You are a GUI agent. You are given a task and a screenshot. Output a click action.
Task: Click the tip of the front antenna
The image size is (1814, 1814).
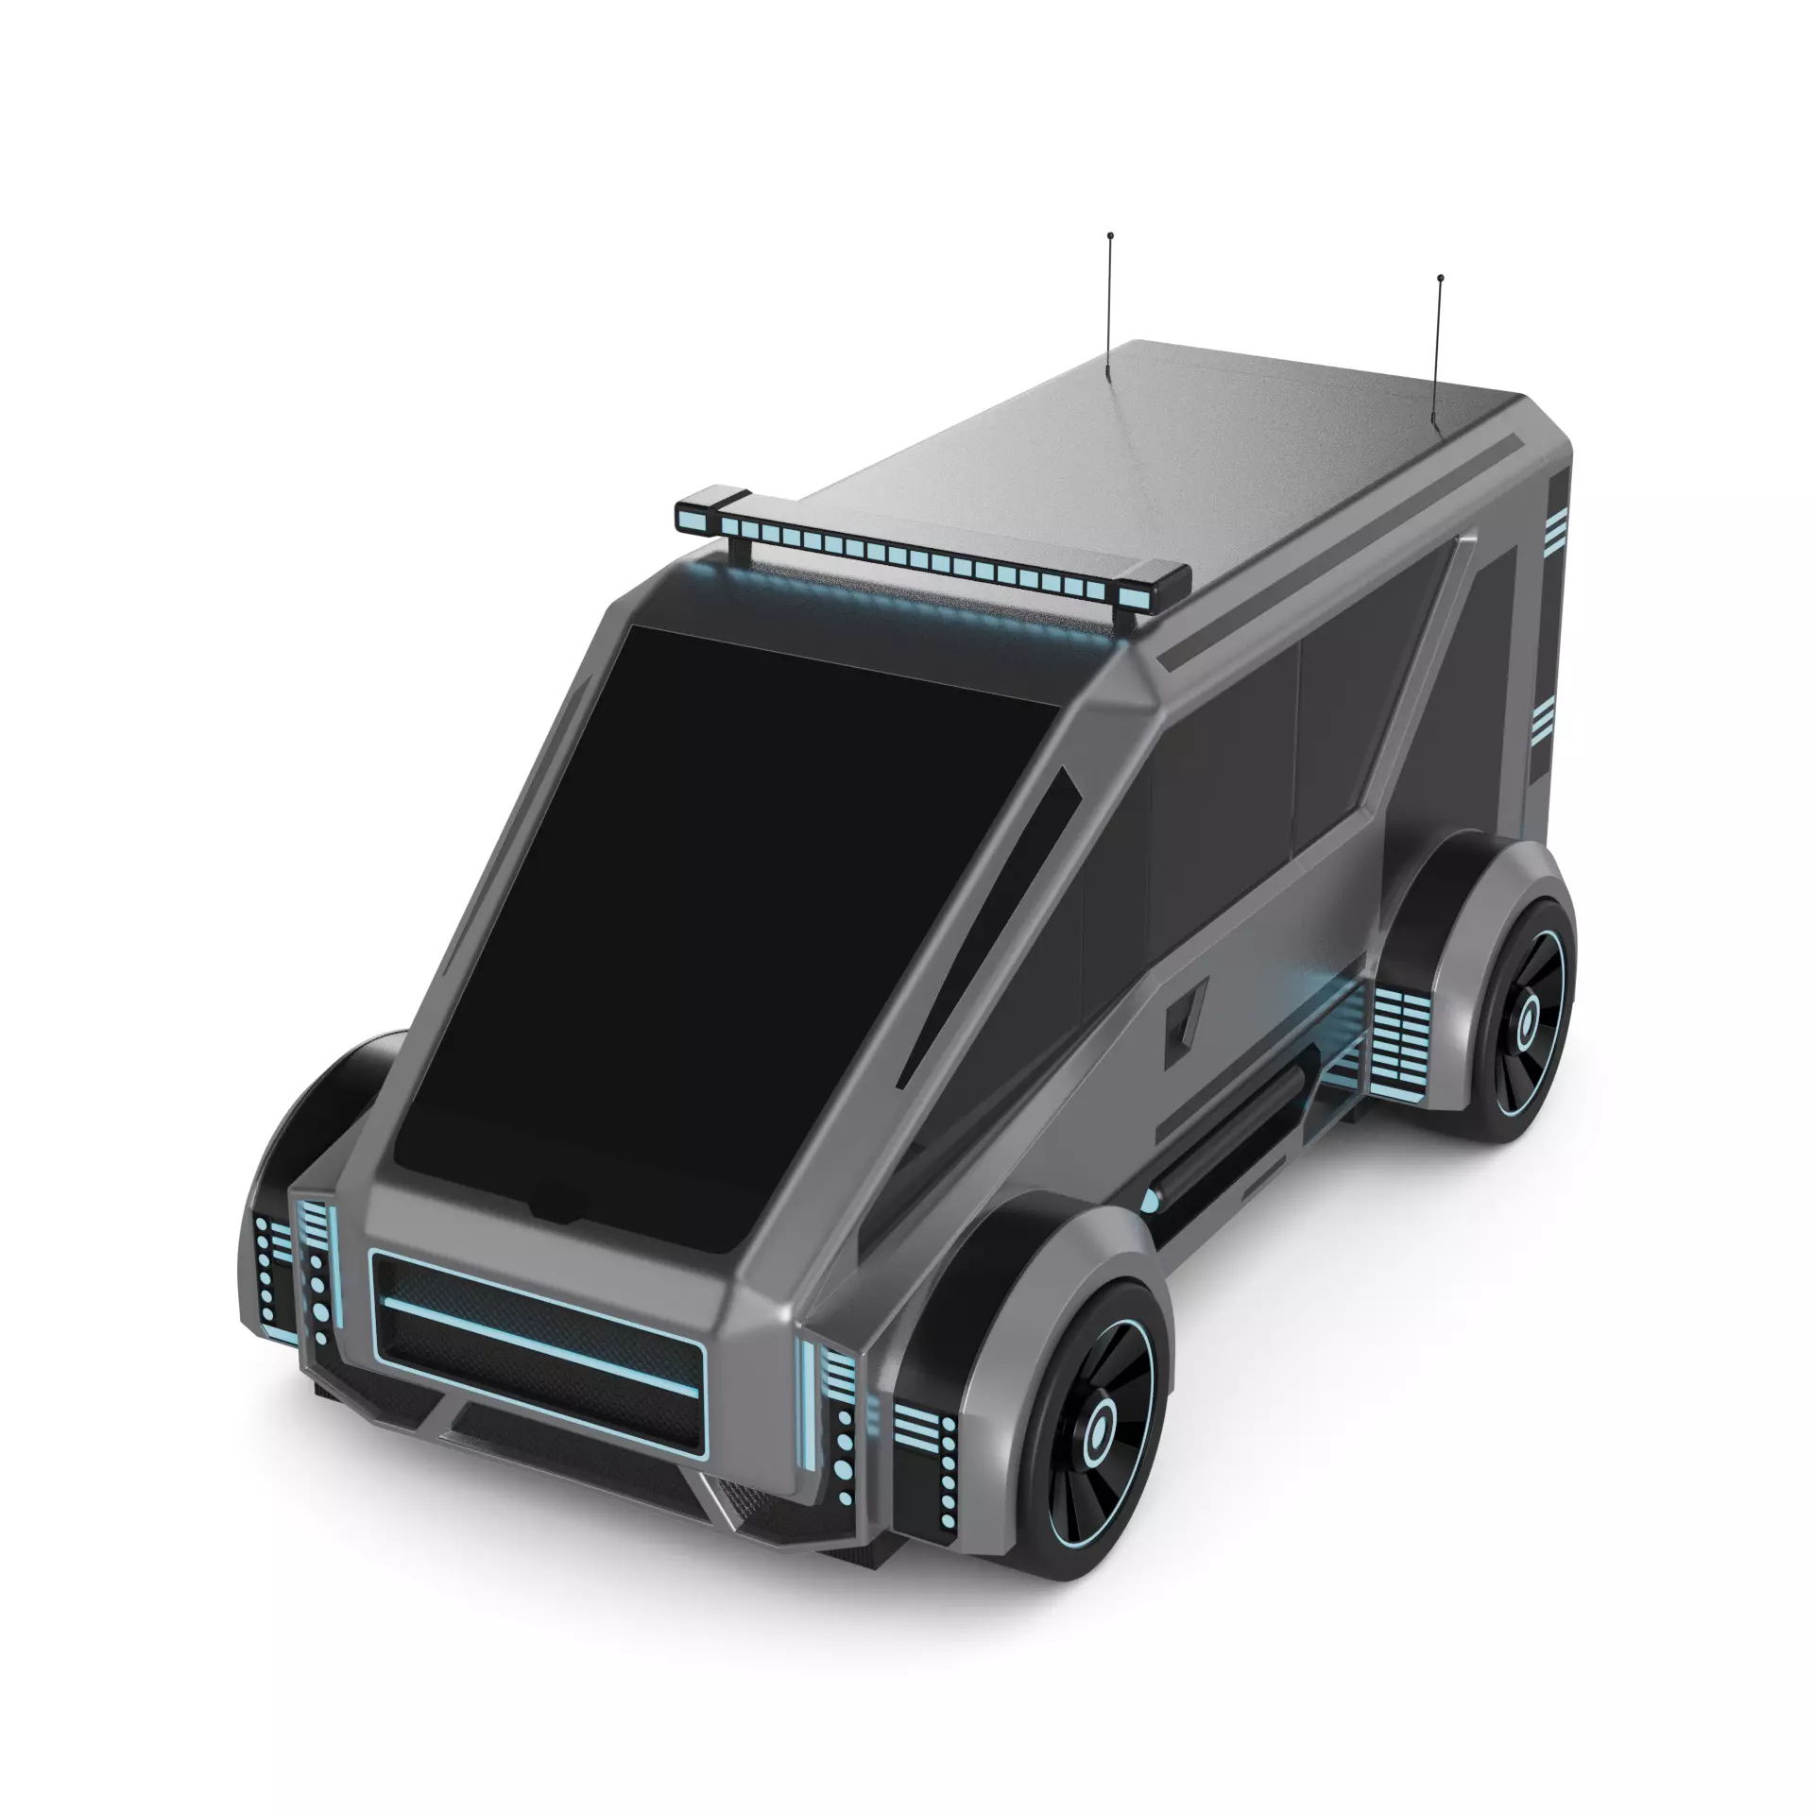[1110, 233]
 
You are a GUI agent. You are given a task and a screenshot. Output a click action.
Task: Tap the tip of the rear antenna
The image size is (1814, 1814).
[1439, 278]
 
